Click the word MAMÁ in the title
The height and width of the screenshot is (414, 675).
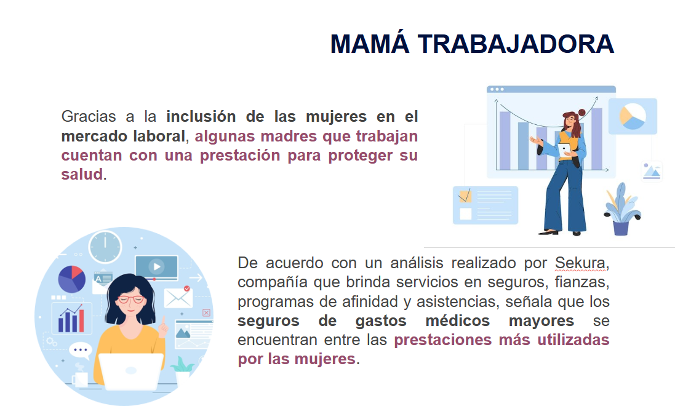[369, 44]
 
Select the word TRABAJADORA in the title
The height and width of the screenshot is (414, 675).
[516, 44]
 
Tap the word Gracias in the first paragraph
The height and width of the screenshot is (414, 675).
[89, 116]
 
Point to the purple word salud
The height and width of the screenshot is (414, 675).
[82, 174]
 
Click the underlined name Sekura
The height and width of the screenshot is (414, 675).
[580, 263]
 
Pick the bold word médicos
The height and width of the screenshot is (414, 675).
[458, 320]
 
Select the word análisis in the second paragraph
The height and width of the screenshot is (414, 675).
[417, 263]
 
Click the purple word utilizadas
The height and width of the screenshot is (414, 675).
[573, 340]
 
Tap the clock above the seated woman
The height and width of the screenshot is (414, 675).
[105, 247]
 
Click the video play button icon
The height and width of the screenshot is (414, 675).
[157, 267]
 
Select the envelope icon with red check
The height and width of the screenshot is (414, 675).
[178, 297]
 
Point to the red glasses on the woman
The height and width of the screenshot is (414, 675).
[131, 300]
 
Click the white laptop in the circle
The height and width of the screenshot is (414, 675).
[131, 372]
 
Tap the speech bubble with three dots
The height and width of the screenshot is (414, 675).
[80, 350]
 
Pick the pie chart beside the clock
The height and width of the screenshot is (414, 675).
[72, 279]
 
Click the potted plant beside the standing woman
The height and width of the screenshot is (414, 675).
[621, 209]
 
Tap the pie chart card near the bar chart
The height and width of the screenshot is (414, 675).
[633, 116]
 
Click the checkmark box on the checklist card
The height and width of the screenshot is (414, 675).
[465, 196]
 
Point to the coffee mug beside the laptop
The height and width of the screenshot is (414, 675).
[80, 379]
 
